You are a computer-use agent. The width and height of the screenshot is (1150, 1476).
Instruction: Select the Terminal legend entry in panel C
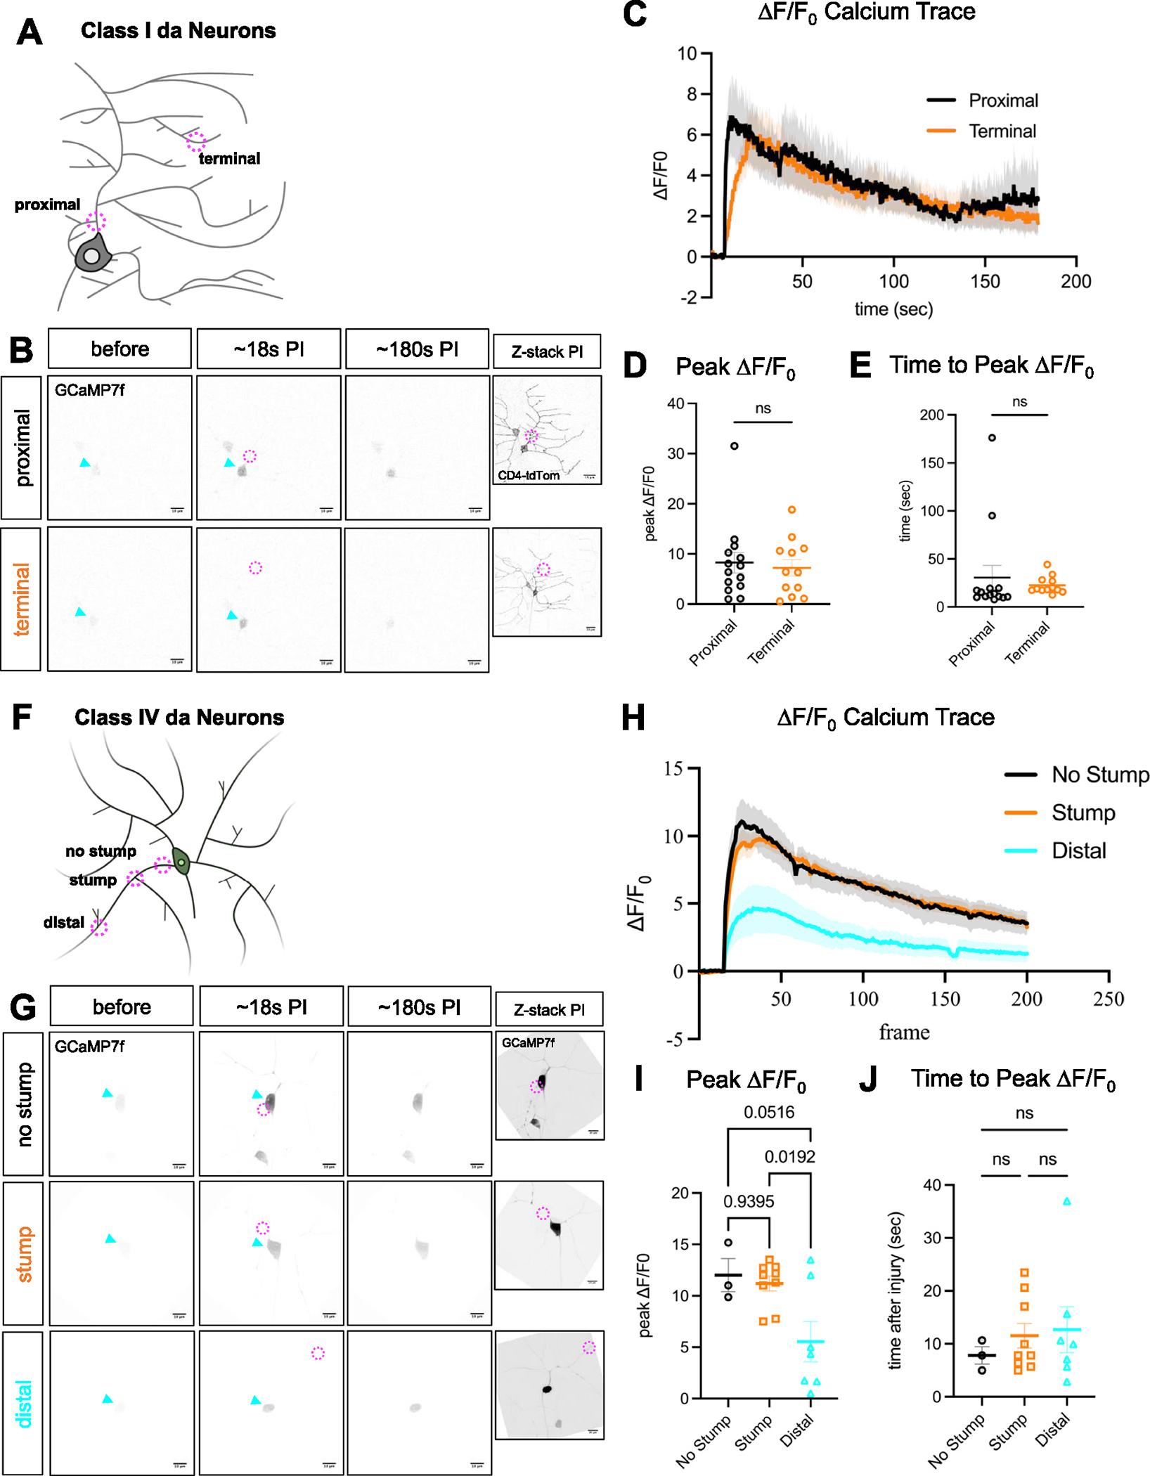point(1002,131)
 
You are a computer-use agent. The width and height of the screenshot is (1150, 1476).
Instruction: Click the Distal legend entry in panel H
point(1078,850)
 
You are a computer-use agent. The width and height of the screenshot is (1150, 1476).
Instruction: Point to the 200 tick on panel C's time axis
point(1075,282)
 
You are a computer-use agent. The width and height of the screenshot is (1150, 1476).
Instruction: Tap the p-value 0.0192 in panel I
point(789,1156)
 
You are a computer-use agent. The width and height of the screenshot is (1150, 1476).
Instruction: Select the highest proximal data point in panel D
point(735,446)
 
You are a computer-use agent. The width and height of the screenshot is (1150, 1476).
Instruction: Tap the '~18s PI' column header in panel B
point(269,349)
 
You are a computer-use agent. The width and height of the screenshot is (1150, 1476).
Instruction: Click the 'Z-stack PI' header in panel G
point(549,1010)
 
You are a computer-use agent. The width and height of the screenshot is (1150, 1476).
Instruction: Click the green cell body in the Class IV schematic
point(181,863)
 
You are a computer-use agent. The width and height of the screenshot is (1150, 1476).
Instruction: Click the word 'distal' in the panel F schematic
point(64,922)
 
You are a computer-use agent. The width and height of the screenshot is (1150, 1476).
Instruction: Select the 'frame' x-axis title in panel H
point(904,1032)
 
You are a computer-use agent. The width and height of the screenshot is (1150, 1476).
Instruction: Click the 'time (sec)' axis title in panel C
point(893,309)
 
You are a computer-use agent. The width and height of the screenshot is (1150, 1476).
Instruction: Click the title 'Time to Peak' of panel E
point(991,365)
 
